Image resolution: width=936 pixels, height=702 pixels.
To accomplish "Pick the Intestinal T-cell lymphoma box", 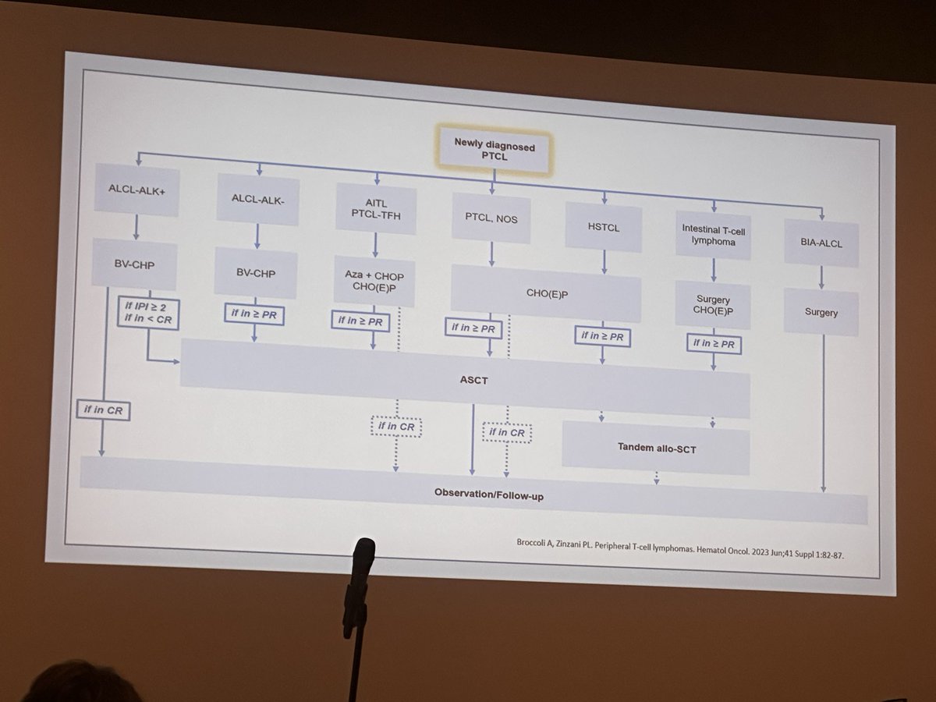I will [712, 233].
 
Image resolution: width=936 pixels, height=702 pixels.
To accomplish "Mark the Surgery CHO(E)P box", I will [711, 306].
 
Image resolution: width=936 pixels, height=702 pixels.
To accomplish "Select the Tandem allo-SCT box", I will [654, 448].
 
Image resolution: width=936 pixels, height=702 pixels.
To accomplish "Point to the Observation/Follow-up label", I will [488, 495].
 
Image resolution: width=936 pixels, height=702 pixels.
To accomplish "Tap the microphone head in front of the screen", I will [363, 557].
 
